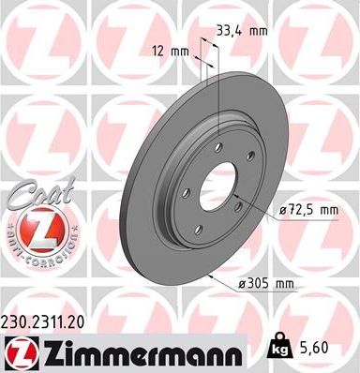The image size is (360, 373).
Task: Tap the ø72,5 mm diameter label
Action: [x=307, y=211]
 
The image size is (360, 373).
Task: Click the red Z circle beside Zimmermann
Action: [x=18, y=351]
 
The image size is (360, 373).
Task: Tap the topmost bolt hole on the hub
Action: [x=217, y=146]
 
